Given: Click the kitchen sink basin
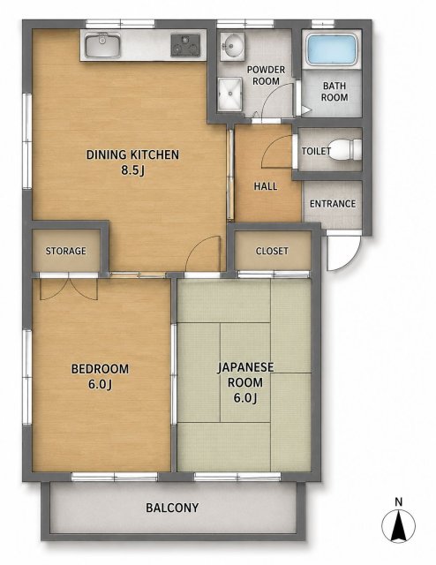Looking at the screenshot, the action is [102, 45].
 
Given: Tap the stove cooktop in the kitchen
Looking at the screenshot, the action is [185, 45].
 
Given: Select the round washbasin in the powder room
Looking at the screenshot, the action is [232, 45].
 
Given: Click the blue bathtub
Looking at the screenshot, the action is [332, 50].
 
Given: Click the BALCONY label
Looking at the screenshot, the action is [172, 508].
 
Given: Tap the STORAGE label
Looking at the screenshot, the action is [65, 251].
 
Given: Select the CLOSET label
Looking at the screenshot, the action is [272, 251].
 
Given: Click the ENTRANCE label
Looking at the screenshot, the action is [333, 204].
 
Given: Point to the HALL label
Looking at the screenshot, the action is [266, 186].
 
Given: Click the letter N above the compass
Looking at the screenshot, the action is [398, 501].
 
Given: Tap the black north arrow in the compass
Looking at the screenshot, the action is [398, 526].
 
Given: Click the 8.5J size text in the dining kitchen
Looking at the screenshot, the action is [132, 170].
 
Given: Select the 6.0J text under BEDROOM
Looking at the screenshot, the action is [100, 385].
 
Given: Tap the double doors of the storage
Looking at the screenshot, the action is [69, 288].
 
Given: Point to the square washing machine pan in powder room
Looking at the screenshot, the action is [229, 94].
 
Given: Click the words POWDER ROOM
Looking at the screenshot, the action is [266, 75].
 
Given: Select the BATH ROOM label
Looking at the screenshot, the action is [335, 92].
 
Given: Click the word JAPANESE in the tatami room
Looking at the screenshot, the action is [245, 367].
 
